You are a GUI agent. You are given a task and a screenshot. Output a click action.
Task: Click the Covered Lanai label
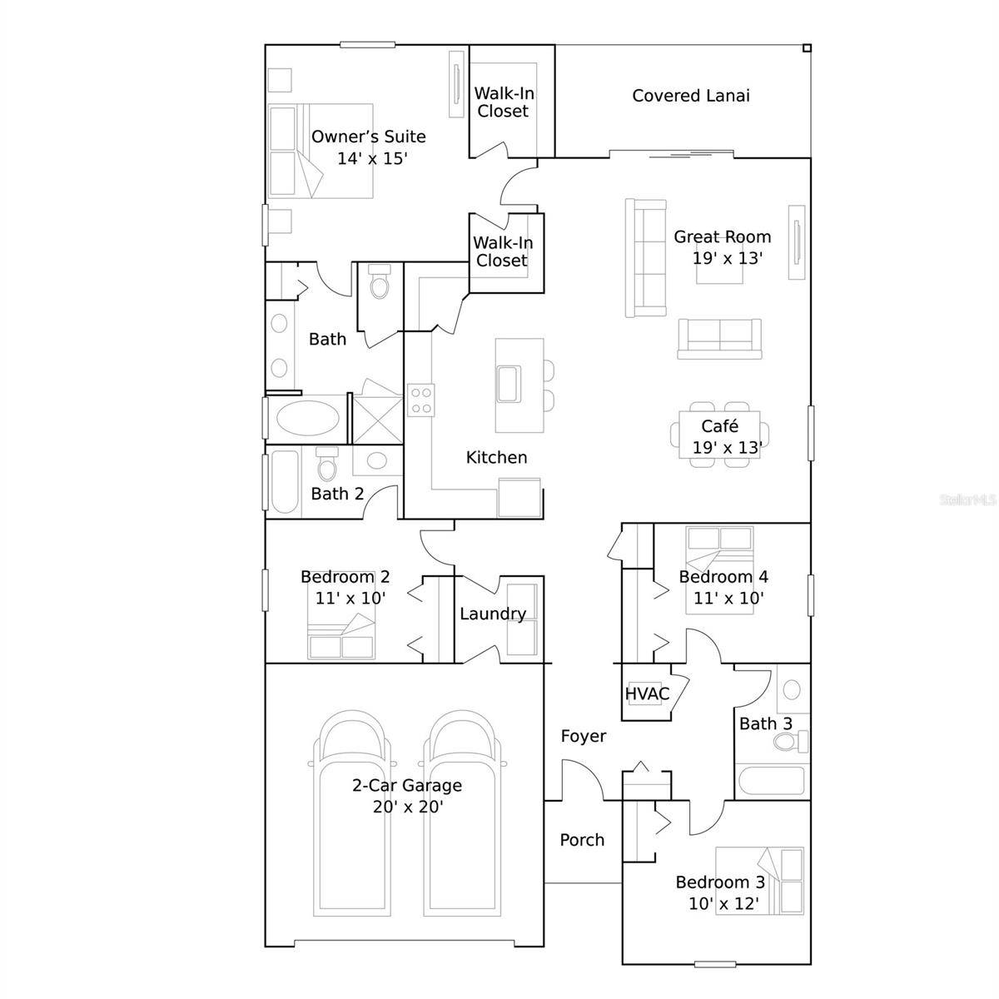[x=690, y=96]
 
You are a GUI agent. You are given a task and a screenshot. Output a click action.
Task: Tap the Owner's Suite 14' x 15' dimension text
[x=372, y=158]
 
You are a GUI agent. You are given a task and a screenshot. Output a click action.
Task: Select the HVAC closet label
[x=647, y=693]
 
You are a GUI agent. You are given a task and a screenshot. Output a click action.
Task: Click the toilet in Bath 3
[x=790, y=741]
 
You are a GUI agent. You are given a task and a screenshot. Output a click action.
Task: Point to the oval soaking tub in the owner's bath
[x=307, y=418]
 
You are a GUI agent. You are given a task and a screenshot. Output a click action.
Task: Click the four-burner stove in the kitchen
[x=420, y=400]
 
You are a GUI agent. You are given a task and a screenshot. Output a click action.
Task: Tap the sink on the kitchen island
[x=508, y=384]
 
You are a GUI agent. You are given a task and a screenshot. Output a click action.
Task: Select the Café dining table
[x=719, y=435]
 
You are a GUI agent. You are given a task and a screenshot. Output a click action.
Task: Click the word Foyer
[x=584, y=736]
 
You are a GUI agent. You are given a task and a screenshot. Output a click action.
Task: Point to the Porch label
[x=582, y=840]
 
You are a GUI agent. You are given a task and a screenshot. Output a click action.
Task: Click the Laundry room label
[x=493, y=614]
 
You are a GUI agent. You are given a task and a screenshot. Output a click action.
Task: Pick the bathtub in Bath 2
[x=284, y=482]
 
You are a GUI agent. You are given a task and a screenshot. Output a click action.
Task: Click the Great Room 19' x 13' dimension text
[x=728, y=258]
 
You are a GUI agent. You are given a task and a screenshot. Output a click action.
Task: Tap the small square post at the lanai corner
[x=806, y=48]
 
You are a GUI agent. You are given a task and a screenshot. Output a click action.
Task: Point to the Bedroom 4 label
[x=723, y=576]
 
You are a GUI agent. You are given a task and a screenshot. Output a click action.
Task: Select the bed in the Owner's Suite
[x=321, y=151]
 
